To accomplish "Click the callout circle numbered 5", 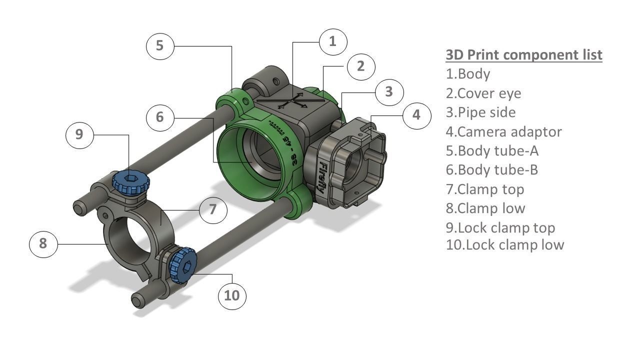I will click(160, 45).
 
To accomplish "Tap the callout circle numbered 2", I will click(361, 66).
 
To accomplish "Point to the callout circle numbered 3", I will click(389, 91).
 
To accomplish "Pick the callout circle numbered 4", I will click(416, 115).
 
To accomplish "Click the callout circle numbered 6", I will click(160, 117).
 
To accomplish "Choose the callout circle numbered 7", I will click(213, 209).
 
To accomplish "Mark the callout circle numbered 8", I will click(43, 243).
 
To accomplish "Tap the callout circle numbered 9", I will click(79, 134).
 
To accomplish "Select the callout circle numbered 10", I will click(232, 295).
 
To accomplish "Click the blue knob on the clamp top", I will click(130, 181).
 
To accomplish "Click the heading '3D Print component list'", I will click(523, 54).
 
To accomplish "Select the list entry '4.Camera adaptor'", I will click(503, 131).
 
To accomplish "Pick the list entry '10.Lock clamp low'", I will click(504, 244).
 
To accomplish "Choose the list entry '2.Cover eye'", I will click(483, 93).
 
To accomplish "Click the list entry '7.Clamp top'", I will click(484, 189).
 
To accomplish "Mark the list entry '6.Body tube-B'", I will click(491, 170).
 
